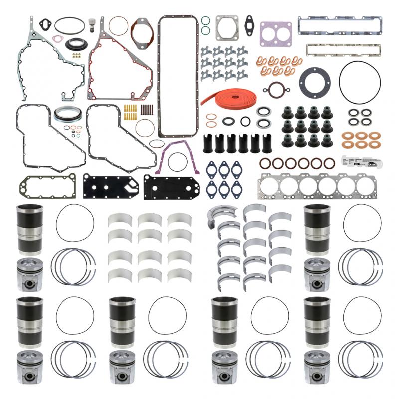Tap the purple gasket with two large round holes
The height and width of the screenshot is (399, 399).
pos(275,33)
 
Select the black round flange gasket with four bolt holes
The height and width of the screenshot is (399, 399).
pos(314,81)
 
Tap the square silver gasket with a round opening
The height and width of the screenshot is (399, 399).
pos(227,28)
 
